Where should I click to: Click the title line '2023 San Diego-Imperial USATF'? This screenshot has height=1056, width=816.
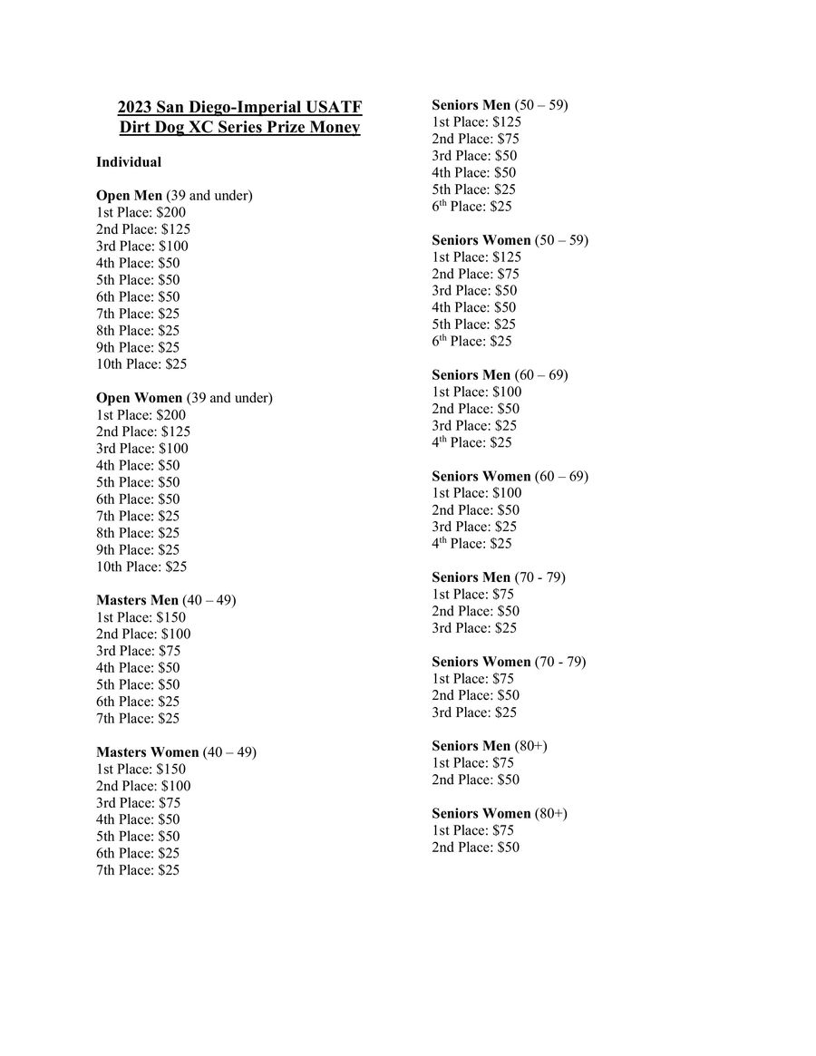point(239,108)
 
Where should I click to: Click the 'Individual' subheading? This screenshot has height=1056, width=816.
point(129,162)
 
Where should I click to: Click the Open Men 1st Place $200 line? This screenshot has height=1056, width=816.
point(141,212)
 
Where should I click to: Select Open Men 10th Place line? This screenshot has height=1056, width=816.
point(141,364)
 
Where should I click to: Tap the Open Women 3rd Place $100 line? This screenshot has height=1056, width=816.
point(142,449)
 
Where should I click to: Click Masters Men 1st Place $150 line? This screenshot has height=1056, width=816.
point(141,617)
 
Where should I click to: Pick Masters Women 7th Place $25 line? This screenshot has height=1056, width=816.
point(138,870)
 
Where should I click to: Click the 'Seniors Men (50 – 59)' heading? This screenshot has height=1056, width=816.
point(500,105)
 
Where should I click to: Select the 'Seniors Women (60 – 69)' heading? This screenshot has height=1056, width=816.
point(510,477)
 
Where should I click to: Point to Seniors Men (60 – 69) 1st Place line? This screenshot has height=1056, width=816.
point(476,392)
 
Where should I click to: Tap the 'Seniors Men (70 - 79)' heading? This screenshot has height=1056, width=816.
point(498,577)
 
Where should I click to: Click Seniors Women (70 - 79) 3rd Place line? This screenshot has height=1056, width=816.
point(474,712)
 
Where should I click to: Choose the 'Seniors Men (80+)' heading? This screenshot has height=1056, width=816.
point(489,746)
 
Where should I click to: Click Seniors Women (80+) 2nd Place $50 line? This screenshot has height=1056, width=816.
point(475,848)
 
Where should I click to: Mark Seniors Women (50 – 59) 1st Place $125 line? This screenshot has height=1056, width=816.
point(476,257)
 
